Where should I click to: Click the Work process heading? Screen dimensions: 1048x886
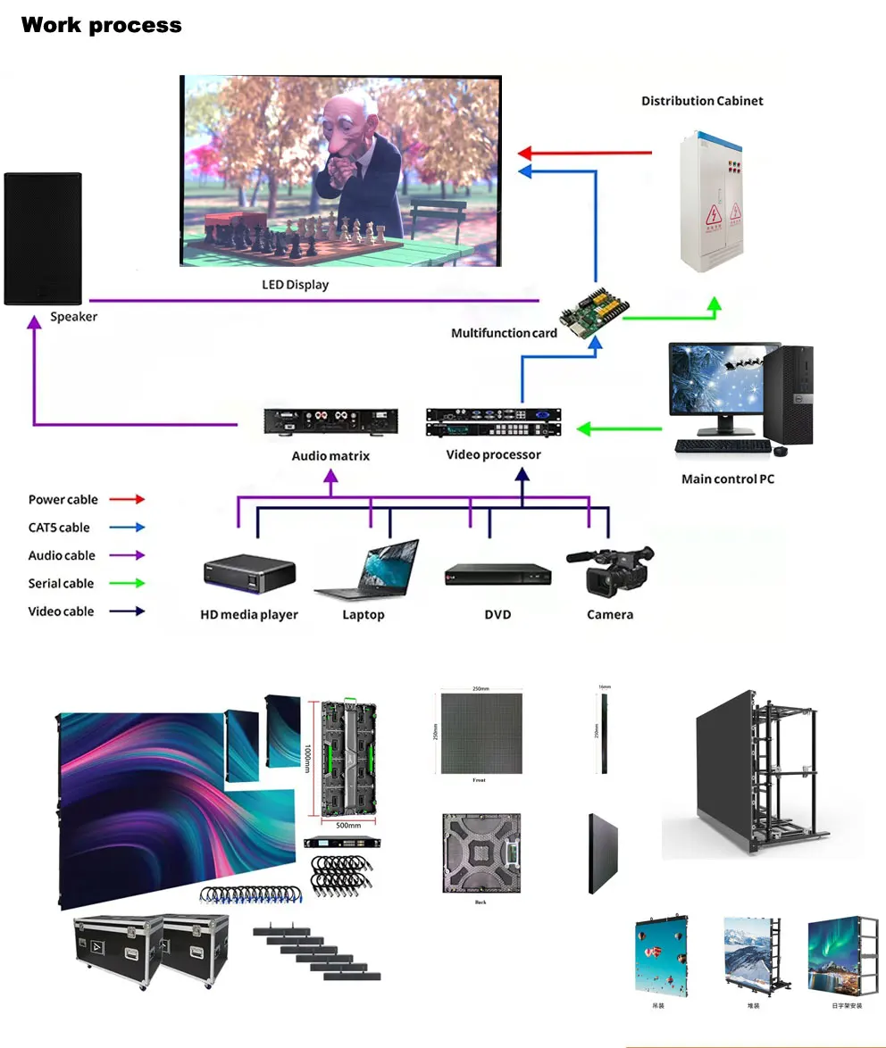pyautogui.click(x=101, y=25)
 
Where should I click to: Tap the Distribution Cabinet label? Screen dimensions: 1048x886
pyautogui.click(x=702, y=101)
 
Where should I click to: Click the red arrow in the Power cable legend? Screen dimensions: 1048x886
pyautogui.click(x=128, y=500)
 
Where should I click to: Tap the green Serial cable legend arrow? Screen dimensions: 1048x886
pyautogui.click(x=128, y=584)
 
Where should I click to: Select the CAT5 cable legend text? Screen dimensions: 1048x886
pyautogui.click(x=59, y=528)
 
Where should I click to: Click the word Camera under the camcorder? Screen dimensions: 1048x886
pyautogui.click(x=610, y=615)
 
